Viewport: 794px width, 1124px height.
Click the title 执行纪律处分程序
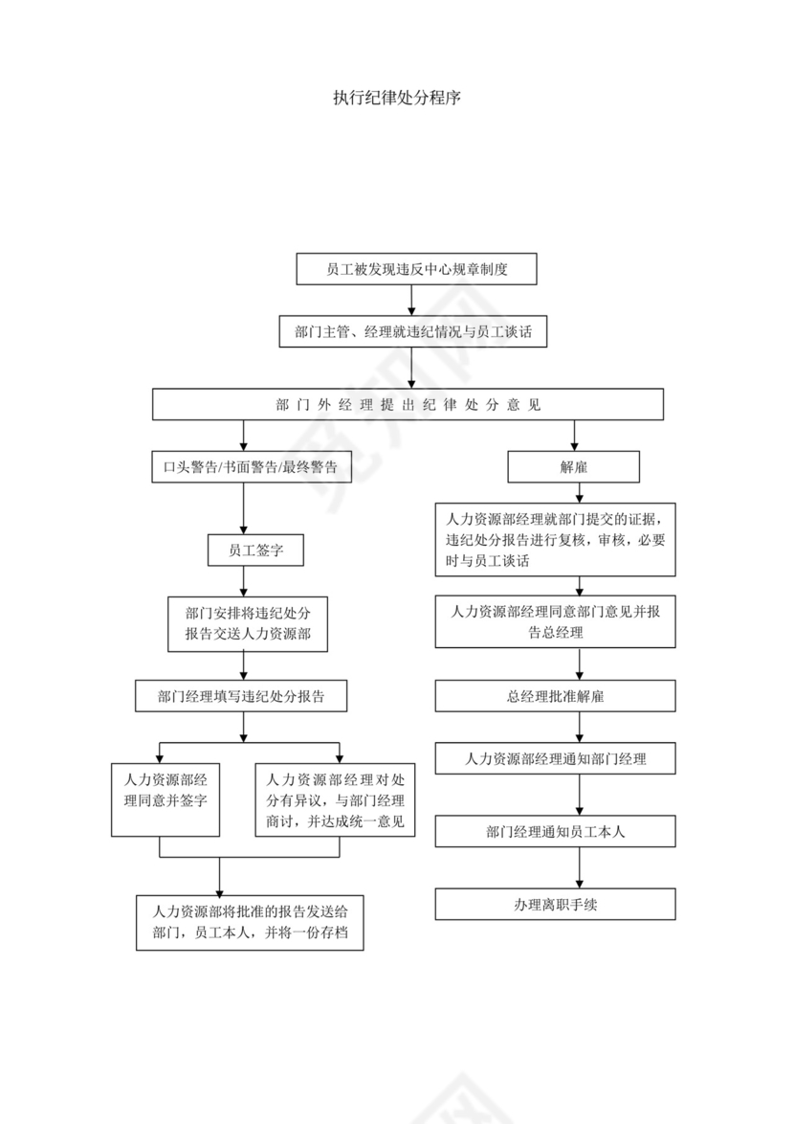397,99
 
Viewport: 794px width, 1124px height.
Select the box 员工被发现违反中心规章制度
416,269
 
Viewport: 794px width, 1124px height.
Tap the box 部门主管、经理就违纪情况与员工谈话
412,331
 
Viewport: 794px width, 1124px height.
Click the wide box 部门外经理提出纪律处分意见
408,404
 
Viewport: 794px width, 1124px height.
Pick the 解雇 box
573,466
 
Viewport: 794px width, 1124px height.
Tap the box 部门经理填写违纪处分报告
241,696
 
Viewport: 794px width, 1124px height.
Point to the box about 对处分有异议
335,798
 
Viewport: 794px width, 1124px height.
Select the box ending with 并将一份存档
250,921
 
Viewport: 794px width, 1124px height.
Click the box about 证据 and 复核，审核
555,540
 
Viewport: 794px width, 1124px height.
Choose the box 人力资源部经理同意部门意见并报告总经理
555,621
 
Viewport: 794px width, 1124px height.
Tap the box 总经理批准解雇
555,696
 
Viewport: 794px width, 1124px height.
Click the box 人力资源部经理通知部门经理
555,758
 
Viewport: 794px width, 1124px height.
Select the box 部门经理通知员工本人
555,831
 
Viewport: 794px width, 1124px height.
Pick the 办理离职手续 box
555,904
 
